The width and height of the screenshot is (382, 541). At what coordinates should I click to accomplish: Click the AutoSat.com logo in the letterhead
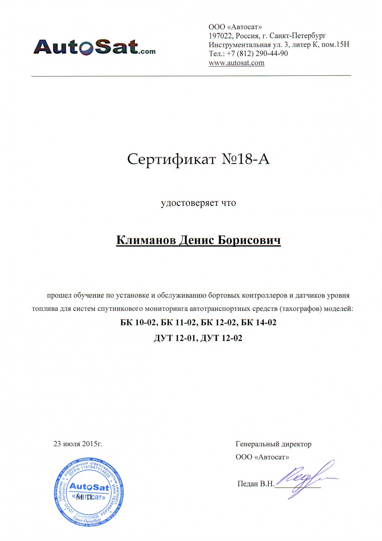(x=94, y=47)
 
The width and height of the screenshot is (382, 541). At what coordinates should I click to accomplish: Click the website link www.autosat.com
(x=236, y=63)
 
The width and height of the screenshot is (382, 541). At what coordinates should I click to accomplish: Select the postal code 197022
(x=221, y=36)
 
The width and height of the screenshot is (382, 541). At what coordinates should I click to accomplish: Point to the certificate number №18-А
(x=245, y=159)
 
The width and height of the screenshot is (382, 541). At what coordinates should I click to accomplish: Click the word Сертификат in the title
(x=171, y=159)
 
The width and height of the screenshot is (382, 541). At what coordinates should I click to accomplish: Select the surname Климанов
(x=146, y=240)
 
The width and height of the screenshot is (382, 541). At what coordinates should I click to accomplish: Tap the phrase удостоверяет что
(x=198, y=203)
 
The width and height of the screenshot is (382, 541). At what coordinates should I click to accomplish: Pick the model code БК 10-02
(x=138, y=322)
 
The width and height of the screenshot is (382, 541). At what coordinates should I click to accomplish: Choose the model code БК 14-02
(x=259, y=322)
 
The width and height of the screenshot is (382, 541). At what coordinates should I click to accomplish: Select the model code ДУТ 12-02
(x=221, y=338)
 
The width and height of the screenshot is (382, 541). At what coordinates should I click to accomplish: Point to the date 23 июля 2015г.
(x=78, y=444)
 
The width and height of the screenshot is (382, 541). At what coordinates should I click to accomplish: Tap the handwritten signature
(x=306, y=478)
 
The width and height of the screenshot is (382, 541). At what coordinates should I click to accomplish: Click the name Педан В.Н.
(x=256, y=484)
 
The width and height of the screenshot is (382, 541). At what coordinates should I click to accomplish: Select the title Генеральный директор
(x=273, y=444)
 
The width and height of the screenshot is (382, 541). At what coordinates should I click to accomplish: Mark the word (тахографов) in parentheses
(x=301, y=309)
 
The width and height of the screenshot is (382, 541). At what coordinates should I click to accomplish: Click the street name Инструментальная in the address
(x=240, y=45)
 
